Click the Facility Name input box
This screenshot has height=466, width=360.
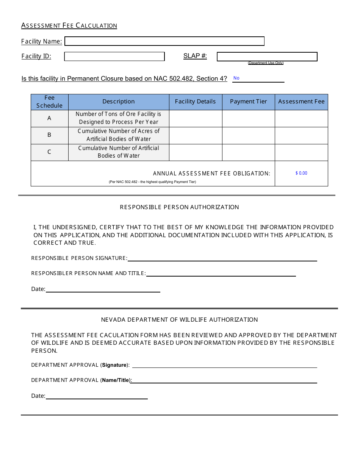pos(164,41)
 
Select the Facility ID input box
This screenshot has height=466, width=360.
pos(114,56)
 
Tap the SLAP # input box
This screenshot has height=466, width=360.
pos(267,56)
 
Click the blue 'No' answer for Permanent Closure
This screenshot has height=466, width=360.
pos(236,78)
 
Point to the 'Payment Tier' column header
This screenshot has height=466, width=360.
pos(248,102)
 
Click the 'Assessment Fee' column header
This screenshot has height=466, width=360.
pos(301,102)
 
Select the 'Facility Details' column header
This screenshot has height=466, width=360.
pos(195,102)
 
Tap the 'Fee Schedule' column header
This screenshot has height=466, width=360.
pos(49,102)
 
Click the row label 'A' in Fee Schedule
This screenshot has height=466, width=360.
pos(49,118)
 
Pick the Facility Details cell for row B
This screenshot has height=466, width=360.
pos(195,135)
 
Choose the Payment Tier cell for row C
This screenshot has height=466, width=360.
pos(248,152)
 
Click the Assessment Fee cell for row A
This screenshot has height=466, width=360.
pos(301,118)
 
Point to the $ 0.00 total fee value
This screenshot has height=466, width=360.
pos(301,173)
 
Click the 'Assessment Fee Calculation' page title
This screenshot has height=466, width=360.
pos(69,25)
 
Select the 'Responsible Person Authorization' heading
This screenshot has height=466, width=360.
pos(179,207)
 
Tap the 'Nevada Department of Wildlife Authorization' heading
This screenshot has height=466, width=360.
pos(179,320)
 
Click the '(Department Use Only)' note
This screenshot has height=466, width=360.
pos(266,63)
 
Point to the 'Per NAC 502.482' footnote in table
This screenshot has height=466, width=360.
pos(152,182)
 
